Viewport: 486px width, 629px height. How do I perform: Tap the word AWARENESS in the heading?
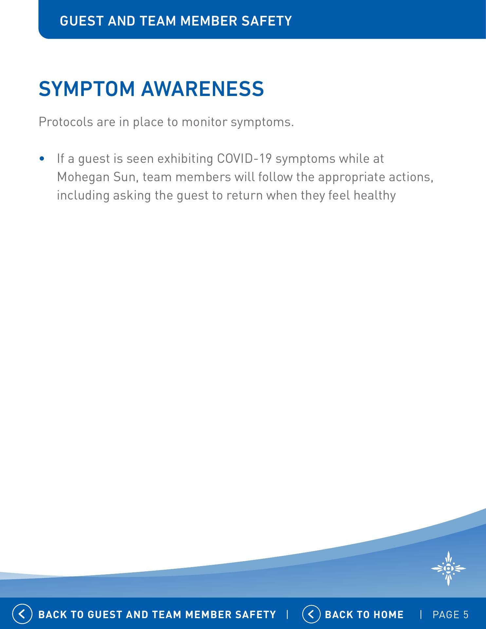point(202,89)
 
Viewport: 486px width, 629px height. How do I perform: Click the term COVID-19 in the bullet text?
point(244,159)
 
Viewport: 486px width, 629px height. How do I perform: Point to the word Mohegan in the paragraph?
point(83,178)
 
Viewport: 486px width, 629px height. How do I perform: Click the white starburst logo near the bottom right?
point(448,568)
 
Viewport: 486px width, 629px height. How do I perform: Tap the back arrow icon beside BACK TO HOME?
point(311,614)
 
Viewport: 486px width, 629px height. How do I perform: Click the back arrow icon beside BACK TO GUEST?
point(22,614)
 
